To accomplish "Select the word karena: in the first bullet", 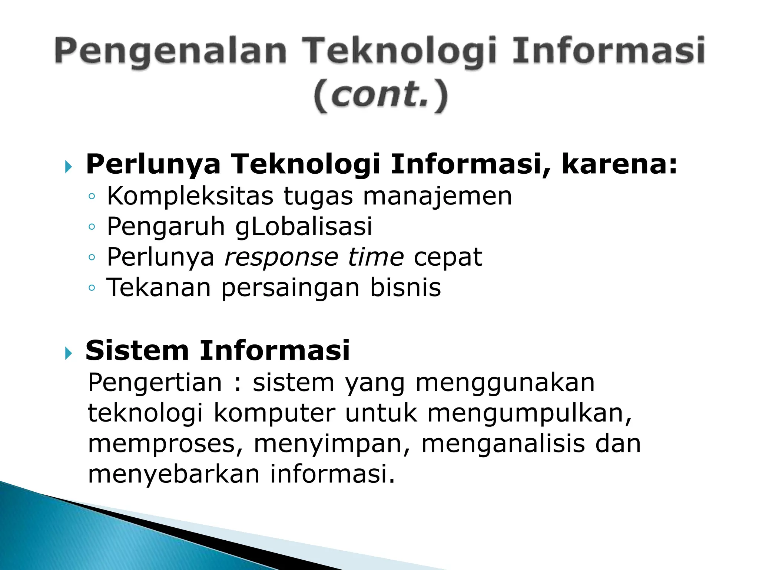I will point(619,164).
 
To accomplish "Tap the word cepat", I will point(448,257).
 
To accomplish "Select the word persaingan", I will point(290,288).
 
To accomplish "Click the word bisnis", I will point(405,288).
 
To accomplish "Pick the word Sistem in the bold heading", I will point(137,351).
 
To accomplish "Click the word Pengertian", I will point(155,383).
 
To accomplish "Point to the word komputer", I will point(274,413).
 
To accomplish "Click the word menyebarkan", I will point(173,474).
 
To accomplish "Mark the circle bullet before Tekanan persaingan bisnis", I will point(92,288).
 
